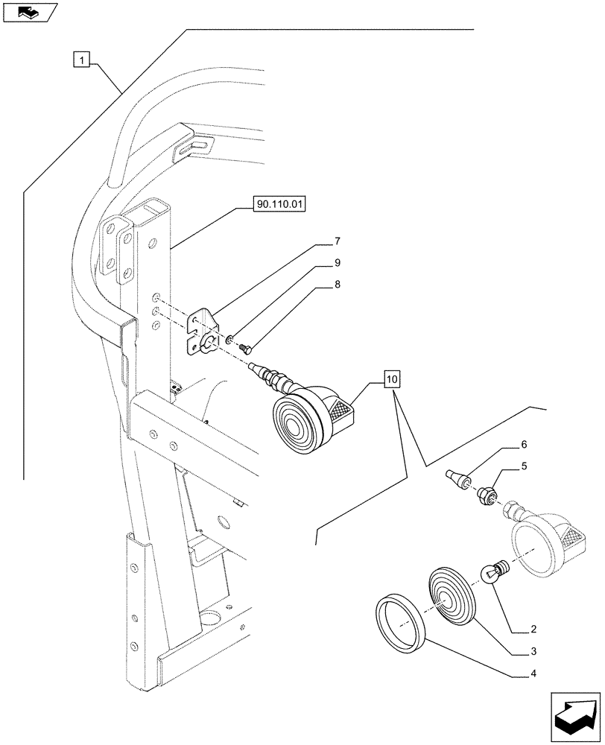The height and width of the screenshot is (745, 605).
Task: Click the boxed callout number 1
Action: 81,58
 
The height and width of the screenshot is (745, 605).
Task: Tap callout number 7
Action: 337,241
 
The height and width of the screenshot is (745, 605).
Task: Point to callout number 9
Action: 337,263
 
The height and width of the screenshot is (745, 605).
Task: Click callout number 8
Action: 337,283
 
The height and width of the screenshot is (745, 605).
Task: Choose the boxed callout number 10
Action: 393,380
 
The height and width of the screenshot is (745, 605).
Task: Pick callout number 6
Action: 524,444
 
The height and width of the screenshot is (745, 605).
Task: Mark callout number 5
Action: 524,467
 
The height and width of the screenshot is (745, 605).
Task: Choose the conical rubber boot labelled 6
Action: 457,478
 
